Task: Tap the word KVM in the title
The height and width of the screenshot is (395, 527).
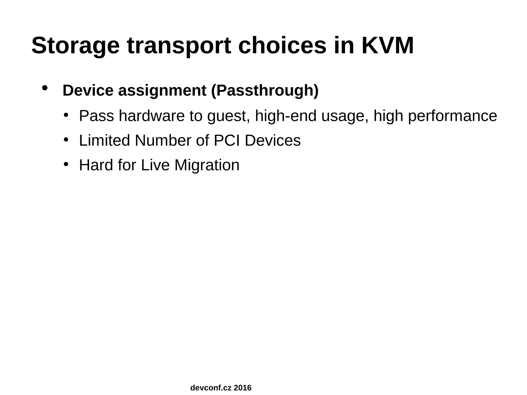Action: point(388,46)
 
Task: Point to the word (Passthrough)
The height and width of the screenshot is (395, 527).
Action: point(265,91)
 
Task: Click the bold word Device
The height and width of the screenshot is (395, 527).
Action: point(88,90)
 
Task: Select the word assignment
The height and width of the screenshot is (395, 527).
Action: point(162,91)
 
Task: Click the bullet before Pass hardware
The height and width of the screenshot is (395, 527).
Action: point(66,115)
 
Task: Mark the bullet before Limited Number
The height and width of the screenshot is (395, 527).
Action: point(66,139)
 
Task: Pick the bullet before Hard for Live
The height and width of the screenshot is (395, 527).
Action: point(66,164)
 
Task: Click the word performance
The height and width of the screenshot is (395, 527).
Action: point(452,116)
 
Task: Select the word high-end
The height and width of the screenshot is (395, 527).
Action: point(286,116)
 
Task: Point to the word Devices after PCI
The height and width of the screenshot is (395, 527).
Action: point(273,141)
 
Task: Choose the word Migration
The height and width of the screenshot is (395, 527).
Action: point(207,165)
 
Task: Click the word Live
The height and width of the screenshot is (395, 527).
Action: point(155,165)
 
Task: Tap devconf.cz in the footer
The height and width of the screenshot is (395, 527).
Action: point(211,388)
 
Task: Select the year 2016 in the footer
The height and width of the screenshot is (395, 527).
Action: point(242,388)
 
